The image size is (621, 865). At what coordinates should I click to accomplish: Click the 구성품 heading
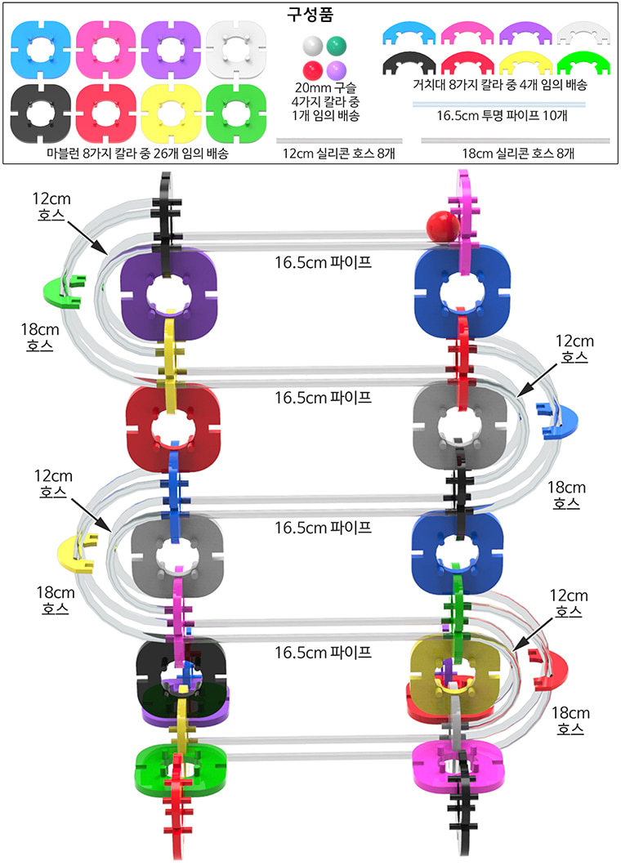click(x=310, y=14)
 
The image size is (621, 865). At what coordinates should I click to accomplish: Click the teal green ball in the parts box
click(x=336, y=45)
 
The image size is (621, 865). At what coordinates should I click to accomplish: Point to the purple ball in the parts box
click(x=336, y=70)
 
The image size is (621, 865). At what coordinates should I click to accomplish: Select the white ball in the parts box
click(x=312, y=45)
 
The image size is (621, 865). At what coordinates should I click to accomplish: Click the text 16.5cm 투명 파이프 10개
click(x=502, y=116)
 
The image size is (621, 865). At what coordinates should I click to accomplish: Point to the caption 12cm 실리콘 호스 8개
click(x=338, y=154)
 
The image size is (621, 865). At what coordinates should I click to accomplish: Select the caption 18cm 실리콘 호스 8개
click(x=518, y=154)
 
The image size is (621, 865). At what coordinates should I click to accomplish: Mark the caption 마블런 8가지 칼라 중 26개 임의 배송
click(x=137, y=154)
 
